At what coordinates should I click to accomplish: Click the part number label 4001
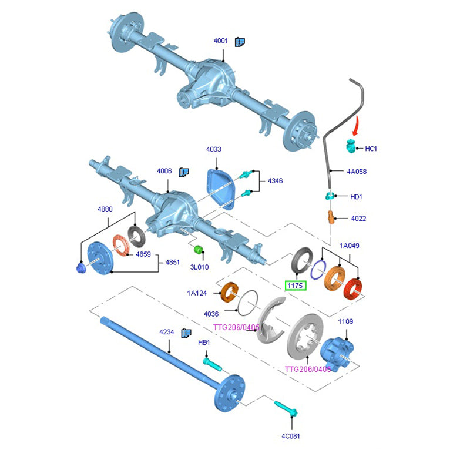[x=221, y=41]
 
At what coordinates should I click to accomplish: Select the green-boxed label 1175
[x=295, y=286]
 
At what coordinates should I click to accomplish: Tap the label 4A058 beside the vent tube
[x=357, y=172]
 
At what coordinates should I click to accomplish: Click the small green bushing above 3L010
[x=199, y=250]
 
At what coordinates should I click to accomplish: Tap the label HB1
[x=204, y=343]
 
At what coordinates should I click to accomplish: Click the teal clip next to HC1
[x=351, y=147]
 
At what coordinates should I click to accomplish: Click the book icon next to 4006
[x=183, y=172]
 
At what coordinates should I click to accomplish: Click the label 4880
[x=105, y=209]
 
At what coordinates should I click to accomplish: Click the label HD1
[x=356, y=197]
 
